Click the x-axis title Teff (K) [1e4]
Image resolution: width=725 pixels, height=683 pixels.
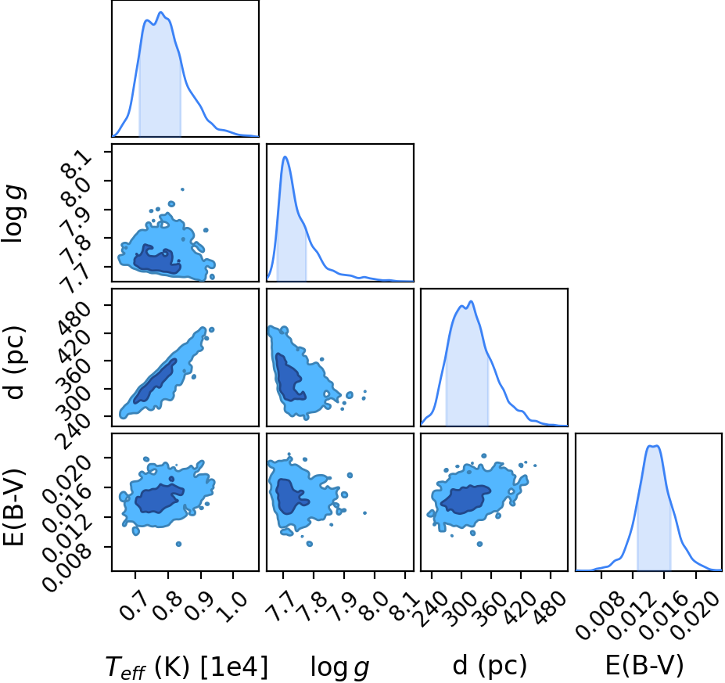tap(187, 667)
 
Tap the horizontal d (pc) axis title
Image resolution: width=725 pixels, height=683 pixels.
tap(490, 666)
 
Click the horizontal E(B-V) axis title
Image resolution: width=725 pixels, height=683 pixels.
tap(644, 666)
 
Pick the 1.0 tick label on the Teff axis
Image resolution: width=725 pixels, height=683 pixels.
tap(234, 606)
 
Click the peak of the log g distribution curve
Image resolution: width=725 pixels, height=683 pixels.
tap(285, 156)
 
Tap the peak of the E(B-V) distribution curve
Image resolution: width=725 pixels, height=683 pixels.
tap(653, 446)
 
